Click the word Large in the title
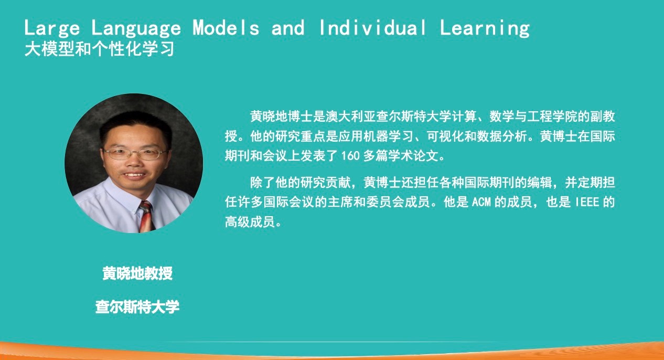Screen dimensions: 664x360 tap(52, 28)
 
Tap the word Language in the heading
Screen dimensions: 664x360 tap(136, 28)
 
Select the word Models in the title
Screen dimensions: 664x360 tap(226, 28)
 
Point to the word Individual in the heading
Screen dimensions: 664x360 tap(373, 28)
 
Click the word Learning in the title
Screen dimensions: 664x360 tap(485, 28)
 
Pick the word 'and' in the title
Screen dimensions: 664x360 tap(288, 28)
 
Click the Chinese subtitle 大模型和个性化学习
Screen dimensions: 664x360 tap(99, 49)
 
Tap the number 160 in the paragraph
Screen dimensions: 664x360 tap(350, 156)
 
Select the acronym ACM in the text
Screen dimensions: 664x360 tap(481, 202)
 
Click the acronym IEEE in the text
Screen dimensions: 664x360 tap(587, 202)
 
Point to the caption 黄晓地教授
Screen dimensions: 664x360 tap(137, 273)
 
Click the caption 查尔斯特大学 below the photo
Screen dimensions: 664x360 tap(137, 306)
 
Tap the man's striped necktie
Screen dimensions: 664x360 tap(147, 217)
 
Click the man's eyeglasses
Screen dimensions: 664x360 tap(135, 154)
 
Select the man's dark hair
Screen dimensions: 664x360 tap(136, 126)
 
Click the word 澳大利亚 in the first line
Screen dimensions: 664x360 tap(351, 117)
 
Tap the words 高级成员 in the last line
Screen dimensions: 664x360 tap(250, 222)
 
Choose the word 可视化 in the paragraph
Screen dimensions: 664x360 tap(445, 136)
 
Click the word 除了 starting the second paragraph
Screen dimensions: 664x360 tap(263, 183)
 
